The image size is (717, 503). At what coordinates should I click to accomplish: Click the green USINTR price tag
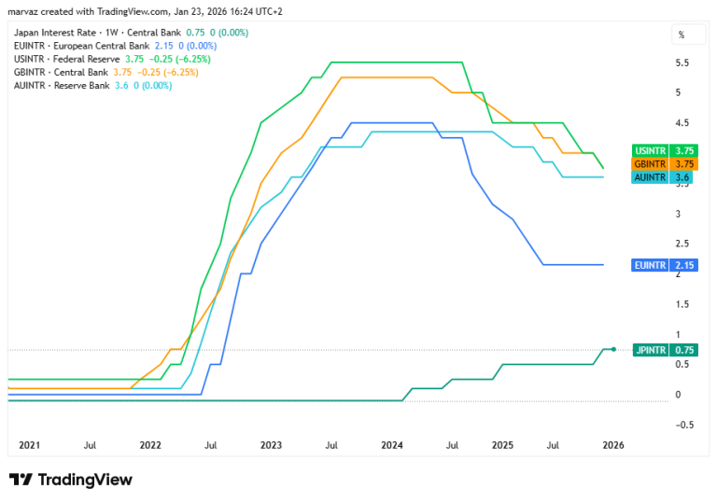click(x=665, y=150)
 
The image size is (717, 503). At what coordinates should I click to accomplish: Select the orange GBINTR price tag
click(x=665, y=163)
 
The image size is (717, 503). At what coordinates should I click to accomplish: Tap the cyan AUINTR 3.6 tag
click(x=662, y=177)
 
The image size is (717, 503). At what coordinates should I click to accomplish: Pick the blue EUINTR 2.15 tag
click(x=665, y=265)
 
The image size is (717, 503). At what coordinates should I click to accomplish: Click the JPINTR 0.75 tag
click(x=666, y=350)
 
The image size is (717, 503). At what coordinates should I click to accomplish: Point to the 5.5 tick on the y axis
click(x=682, y=63)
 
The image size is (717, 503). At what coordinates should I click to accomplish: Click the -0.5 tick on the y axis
click(x=684, y=425)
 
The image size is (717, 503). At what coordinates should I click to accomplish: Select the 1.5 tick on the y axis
click(x=682, y=304)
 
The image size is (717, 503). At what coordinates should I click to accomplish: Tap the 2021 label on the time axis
click(x=29, y=445)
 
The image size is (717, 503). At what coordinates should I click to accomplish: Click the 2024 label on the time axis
click(x=392, y=445)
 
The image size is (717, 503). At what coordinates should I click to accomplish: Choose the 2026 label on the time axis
click(x=613, y=445)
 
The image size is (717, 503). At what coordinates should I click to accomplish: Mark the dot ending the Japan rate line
click(x=613, y=349)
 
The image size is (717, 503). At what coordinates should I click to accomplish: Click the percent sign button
click(x=682, y=35)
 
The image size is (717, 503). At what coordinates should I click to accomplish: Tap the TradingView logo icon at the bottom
click(x=21, y=480)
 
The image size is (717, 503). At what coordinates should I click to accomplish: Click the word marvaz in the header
click(x=22, y=11)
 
